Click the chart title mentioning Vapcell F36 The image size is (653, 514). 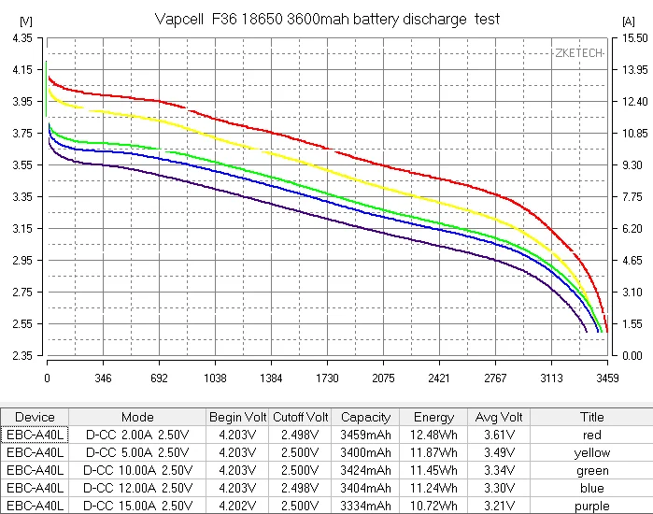(x=326, y=19)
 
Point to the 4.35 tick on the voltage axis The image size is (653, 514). (x=20, y=38)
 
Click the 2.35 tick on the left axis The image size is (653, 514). (x=20, y=356)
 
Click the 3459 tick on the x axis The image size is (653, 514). (x=606, y=378)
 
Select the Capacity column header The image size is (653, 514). (x=365, y=417)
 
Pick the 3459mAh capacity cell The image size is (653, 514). (x=365, y=435)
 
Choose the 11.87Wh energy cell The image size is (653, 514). (x=433, y=452)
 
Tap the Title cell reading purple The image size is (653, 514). (x=592, y=506)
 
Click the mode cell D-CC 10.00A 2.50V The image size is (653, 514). (x=137, y=470)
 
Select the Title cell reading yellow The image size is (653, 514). (x=592, y=452)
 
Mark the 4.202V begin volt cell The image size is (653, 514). (x=236, y=506)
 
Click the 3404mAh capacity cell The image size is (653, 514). (x=365, y=488)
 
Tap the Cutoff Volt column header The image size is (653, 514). (x=300, y=417)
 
